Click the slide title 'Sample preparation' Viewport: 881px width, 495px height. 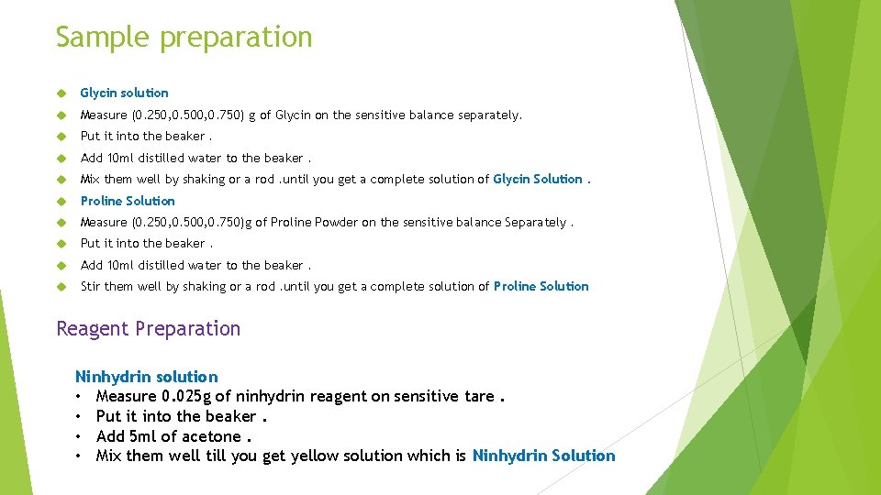pyautogui.click(x=184, y=38)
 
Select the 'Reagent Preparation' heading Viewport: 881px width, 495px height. pyautogui.click(x=148, y=329)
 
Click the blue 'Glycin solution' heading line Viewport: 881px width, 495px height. pyautogui.click(x=124, y=93)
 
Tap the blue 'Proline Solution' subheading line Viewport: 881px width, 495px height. pyautogui.click(x=127, y=201)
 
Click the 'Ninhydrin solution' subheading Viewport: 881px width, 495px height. pyautogui.click(x=146, y=377)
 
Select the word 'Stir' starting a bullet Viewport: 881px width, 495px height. pyautogui.click(x=90, y=286)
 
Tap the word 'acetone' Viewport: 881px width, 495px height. pyautogui.click(x=213, y=436)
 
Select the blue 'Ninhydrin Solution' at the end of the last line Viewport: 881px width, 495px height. pyautogui.click(x=543, y=456)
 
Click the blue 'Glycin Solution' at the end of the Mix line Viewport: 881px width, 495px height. pyautogui.click(x=537, y=179)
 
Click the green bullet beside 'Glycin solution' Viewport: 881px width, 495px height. pyautogui.click(x=61, y=93)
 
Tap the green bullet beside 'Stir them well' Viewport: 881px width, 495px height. pyautogui.click(x=61, y=287)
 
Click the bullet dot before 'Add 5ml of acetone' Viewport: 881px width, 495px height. pyautogui.click(x=81, y=436)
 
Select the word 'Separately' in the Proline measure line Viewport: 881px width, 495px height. pyautogui.click(x=535, y=222)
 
